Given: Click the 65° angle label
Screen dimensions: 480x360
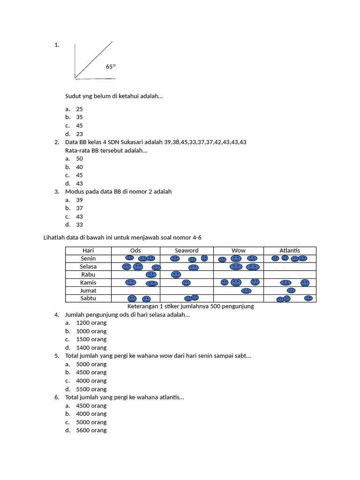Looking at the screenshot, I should click(x=111, y=67).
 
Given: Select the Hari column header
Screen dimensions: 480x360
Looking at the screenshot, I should click(x=88, y=251).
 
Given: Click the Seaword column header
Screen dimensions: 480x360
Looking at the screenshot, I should click(x=187, y=251).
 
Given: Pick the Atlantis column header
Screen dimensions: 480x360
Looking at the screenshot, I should click(x=290, y=251).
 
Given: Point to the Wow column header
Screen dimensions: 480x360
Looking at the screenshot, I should click(x=239, y=251).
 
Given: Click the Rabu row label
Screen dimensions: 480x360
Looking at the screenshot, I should click(x=88, y=275).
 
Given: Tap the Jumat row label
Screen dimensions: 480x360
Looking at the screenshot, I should click(x=88, y=291).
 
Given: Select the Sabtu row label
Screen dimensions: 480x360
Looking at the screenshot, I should click(x=88, y=299).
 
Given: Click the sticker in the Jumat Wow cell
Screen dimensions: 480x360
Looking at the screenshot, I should click(x=246, y=291).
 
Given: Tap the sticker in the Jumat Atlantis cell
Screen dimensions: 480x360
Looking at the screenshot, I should click(x=291, y=291).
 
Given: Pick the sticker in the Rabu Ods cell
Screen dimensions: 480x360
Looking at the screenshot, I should click(x=151, y=275).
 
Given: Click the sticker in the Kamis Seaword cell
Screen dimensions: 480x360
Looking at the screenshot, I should click(x=186, y=283).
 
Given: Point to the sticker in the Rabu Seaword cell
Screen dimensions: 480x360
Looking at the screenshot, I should click(x=176, y=274).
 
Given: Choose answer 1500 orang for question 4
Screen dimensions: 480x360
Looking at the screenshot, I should click(x=91, y=339).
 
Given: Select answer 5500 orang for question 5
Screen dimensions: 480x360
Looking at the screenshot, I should click(x=91, y=389).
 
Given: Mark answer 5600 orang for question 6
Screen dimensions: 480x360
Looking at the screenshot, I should click(x=91, y=430).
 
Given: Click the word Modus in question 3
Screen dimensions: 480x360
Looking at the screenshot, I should click(x=75, y=192).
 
